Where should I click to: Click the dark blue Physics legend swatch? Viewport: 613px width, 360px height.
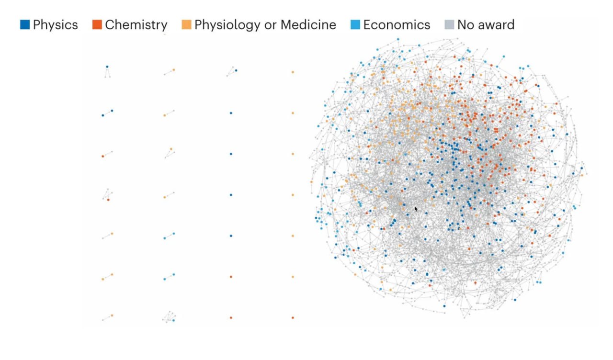coord(25,24)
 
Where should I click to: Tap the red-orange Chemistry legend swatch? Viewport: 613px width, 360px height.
coord(97,24)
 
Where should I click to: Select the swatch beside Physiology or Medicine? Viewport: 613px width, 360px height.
coord(186,24)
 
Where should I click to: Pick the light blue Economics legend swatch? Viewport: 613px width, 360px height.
coord(355,24)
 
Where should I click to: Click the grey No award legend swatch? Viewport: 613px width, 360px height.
coord(449,24)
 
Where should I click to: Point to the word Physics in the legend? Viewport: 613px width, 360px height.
coord(56,25)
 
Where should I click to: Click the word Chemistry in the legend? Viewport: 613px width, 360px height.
coord(136,25)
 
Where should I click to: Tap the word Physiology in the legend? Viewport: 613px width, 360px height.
coord(227,25)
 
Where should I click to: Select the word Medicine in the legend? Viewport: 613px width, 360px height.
coord(308,25)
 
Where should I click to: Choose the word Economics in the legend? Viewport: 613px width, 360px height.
coord(397,25)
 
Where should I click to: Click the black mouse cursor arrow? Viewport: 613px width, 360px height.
coord(416,209)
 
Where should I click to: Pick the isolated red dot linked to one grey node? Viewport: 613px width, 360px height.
coord(103,156)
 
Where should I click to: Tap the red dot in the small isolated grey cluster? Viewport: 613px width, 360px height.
coord(108,200)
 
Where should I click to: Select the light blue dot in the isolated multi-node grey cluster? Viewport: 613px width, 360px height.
coord(173,320)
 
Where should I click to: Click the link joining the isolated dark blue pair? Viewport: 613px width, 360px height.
coord(107,113)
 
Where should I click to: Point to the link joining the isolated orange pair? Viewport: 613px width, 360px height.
coord(107,277)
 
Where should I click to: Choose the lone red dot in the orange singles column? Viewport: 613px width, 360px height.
coord(293,318)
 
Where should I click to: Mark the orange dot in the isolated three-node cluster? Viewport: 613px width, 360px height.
coord(171,149)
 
